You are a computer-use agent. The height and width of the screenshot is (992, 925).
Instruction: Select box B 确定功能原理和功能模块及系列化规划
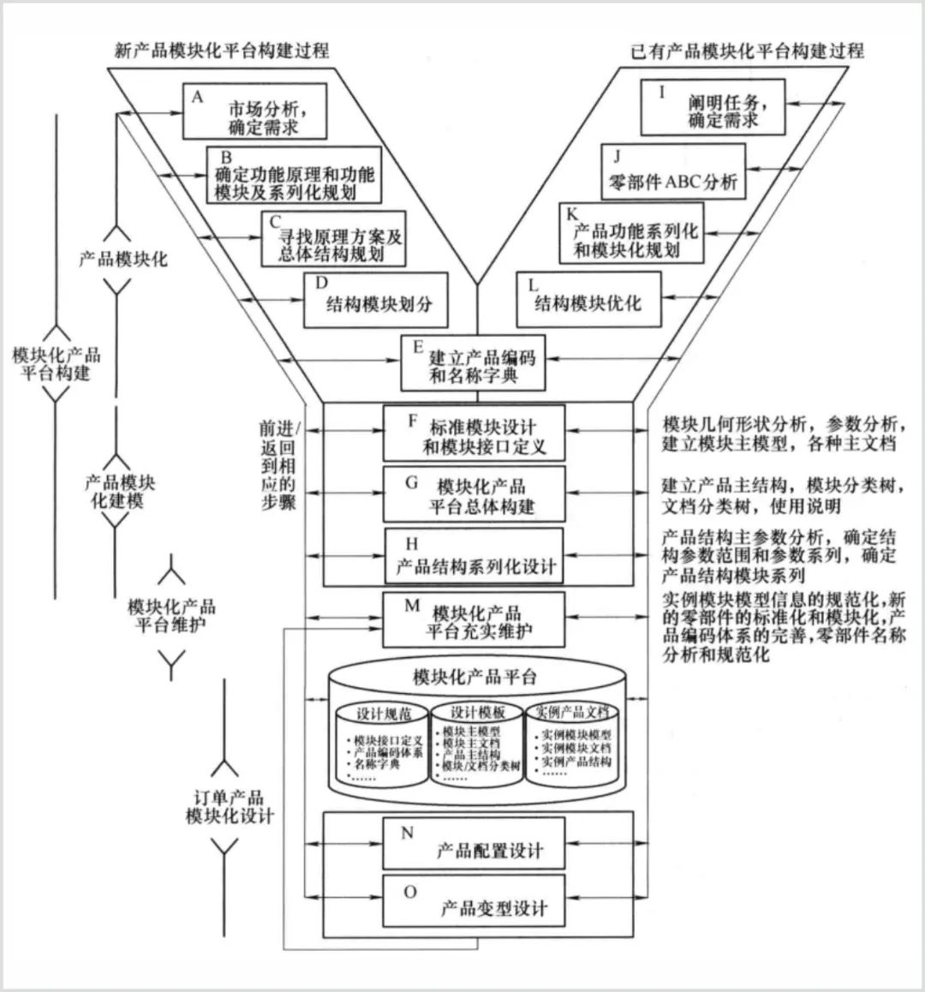point(293,176)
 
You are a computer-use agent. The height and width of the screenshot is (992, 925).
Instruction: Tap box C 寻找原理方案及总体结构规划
point(333,238)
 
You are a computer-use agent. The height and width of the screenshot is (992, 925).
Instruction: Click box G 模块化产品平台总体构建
point(474,494)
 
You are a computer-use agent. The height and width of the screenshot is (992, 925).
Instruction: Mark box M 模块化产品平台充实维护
point(474,619)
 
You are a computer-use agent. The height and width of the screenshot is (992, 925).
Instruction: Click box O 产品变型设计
point(474,900)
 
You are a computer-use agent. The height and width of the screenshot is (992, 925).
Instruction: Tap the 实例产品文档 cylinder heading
point(572,712)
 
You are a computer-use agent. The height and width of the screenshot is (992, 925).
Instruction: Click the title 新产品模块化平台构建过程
point(221,50)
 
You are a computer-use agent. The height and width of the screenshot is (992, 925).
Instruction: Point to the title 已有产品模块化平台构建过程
point(746,50)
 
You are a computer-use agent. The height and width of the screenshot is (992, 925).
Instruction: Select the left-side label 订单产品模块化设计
point(228,806)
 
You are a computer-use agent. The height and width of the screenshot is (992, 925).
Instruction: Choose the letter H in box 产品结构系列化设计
point(412,544)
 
